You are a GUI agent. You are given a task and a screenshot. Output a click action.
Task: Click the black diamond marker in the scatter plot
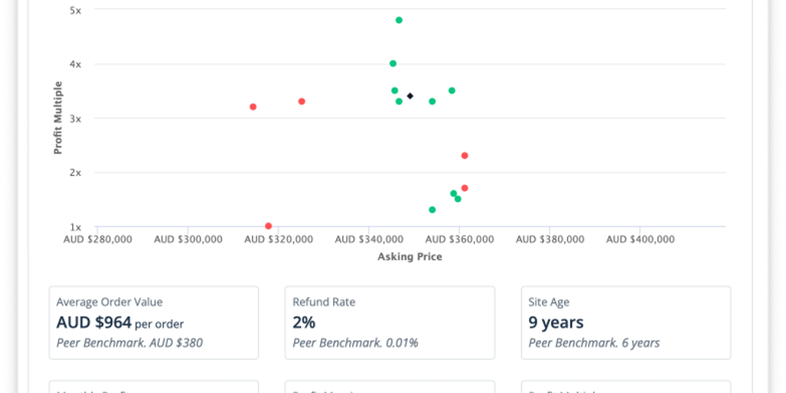(410, 96)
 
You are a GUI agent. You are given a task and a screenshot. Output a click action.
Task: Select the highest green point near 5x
(399, 20)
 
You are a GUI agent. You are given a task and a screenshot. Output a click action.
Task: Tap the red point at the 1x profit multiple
(268, 226)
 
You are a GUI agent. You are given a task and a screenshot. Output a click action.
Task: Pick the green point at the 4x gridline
(393, 64)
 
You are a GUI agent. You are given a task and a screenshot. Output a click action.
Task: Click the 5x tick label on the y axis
(75, 10)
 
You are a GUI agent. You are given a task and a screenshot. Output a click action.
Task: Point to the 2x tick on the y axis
(75, 173)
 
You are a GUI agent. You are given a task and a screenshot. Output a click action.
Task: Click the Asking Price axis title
(410, 256)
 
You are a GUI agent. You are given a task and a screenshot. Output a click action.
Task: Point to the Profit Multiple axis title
(58, 118)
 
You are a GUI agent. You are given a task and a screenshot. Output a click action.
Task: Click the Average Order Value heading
(110, 302)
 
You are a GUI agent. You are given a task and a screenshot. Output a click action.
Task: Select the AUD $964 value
(94, 322)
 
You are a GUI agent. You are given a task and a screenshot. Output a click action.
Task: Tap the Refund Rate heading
(324, 302)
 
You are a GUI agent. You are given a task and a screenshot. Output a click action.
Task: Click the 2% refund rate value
(304, 322)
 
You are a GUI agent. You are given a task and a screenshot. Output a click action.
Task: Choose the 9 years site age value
(556, 322)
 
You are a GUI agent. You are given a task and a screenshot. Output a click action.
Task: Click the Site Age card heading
(549, 302)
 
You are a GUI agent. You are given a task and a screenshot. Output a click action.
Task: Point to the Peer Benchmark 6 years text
(594, 343)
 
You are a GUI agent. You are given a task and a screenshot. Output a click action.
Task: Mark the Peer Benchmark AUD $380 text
(130, 343)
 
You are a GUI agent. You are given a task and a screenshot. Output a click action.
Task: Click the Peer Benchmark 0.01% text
(355, 343)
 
